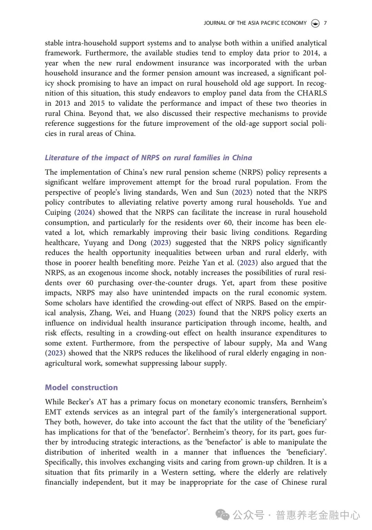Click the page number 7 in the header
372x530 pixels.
click(325, 23)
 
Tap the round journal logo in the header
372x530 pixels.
click(315, 23)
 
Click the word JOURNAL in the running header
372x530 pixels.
click(215, 23)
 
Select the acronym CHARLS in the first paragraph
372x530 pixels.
click(312, 93)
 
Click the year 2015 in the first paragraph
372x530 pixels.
click(97, 103)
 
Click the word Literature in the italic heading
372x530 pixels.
click(62, 158)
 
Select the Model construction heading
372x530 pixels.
click(81, 387)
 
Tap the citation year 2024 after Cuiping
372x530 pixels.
click(84, 212)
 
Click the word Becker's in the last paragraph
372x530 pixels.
click(81, 402)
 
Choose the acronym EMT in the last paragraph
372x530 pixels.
click(53, 412)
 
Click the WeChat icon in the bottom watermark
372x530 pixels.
click(223, 515)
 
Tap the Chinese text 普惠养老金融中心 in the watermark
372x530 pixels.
click(318, 515)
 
